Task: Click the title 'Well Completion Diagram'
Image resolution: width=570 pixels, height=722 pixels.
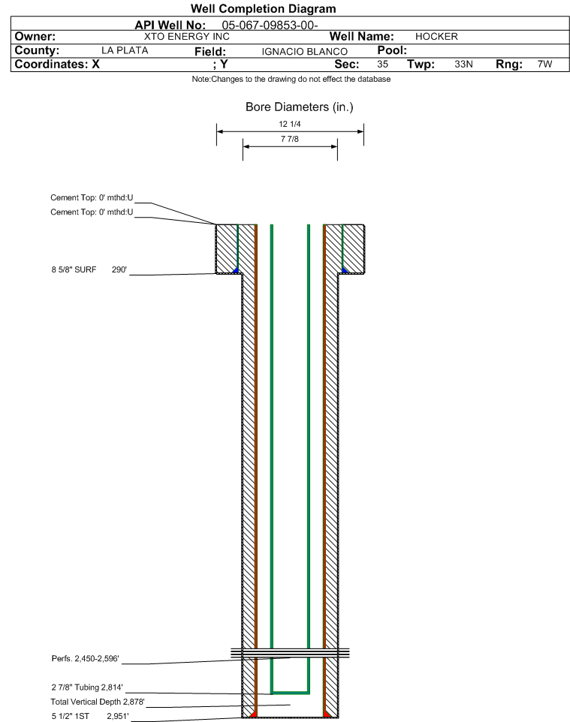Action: point(263,9)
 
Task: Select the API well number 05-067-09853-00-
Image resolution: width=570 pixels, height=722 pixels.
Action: point(270,26)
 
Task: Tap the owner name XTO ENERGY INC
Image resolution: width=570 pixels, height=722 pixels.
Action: point(187,37)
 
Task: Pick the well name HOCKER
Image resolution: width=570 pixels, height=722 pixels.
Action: point(436,37)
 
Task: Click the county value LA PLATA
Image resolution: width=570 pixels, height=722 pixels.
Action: point(125,50)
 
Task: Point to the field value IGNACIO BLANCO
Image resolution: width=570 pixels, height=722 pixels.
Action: point(305,52)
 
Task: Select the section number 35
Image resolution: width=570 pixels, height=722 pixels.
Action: point(382,64)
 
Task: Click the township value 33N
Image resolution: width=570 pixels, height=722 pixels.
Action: point(463,64)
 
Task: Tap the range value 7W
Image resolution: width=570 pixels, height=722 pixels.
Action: point(544,64)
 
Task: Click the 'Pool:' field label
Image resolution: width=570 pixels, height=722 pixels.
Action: point(392,50)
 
